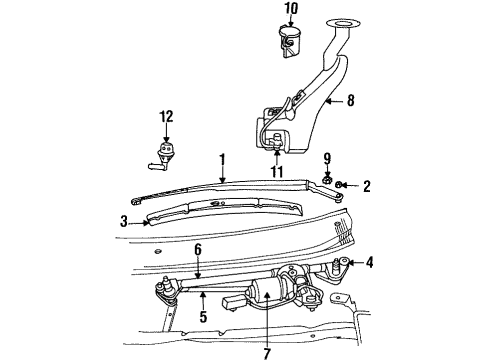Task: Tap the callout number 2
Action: tap(367, 185)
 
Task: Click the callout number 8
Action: tap(350, 100)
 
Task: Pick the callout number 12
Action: tap(166, 119)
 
